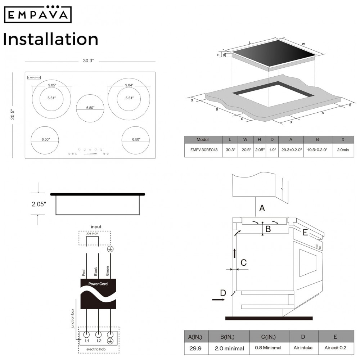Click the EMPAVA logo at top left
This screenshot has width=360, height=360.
(x=38, y=14)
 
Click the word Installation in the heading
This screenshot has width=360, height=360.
(x=51, y=39)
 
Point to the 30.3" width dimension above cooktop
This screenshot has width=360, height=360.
(x=89, y=61)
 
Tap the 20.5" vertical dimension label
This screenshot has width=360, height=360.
(x=12, y=114)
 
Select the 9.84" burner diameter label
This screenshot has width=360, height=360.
(x=129, y=85)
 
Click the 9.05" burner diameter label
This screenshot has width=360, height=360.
(x=52, y=85)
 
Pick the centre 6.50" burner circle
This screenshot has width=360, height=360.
(x=90, y=108)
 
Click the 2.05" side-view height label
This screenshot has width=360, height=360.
(x=39, y=204)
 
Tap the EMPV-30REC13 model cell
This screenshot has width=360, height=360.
(x=204, y=150)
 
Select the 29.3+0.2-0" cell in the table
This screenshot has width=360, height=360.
(x=291, y=150)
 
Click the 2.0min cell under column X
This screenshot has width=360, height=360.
(x=343, y=150)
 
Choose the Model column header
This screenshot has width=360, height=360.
(x=202, y=140)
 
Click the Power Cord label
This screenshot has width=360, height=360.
(x=98, y=284)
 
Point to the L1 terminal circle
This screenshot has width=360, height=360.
(x=86, y=334)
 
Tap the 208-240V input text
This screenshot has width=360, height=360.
(x=92, y=234)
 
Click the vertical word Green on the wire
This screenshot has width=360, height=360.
(x=107, y=271)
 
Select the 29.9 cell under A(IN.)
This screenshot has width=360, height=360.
(x=195, y=348)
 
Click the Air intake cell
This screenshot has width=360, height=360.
(x=303, y=348)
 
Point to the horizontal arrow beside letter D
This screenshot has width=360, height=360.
(x=219, y=300)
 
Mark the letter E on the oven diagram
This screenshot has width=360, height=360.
(x=305, y=233)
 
